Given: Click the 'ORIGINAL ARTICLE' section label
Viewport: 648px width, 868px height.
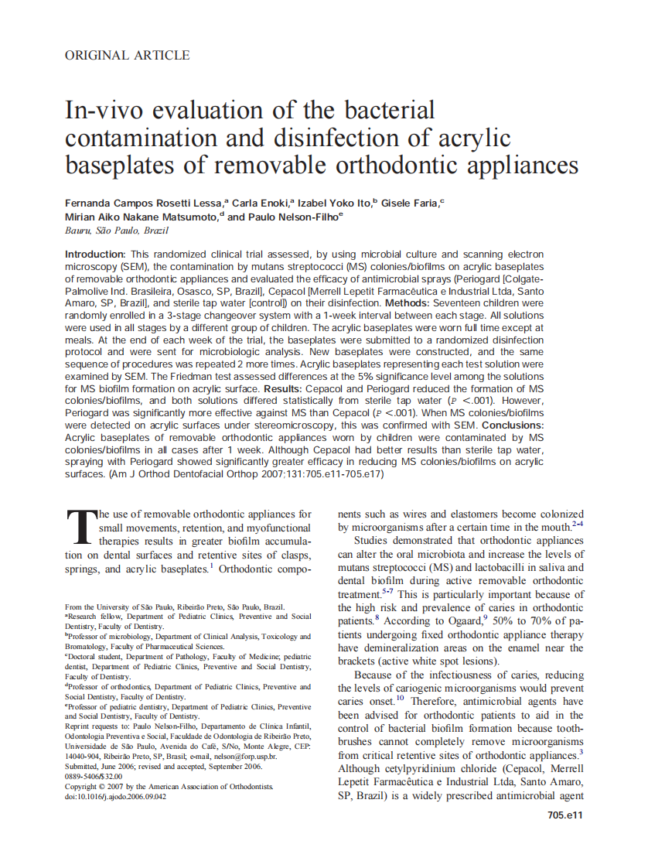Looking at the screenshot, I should pos(127,55).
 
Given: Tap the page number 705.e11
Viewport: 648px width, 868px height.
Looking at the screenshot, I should pos(564,815).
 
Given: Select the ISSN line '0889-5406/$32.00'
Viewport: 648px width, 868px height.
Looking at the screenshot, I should pos(94,776).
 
